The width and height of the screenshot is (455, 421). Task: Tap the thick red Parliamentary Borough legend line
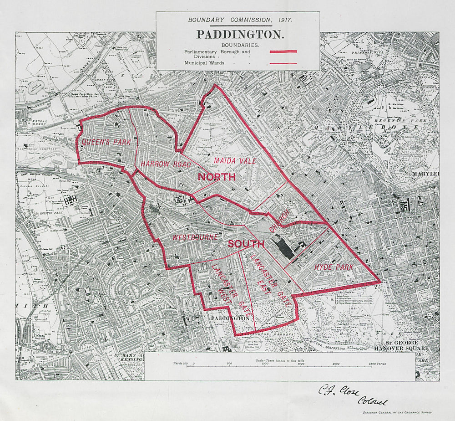point(283,52)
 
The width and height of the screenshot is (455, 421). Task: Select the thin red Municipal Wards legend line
point(283,63)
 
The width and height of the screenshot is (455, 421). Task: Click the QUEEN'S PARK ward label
point(106,142)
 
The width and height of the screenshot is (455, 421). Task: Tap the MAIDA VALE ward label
point(234,161)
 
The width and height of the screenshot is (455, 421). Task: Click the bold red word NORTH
point(216,177)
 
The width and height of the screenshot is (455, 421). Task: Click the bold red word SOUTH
point(246,244)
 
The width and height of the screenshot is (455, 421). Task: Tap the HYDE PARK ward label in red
point(334,267)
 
